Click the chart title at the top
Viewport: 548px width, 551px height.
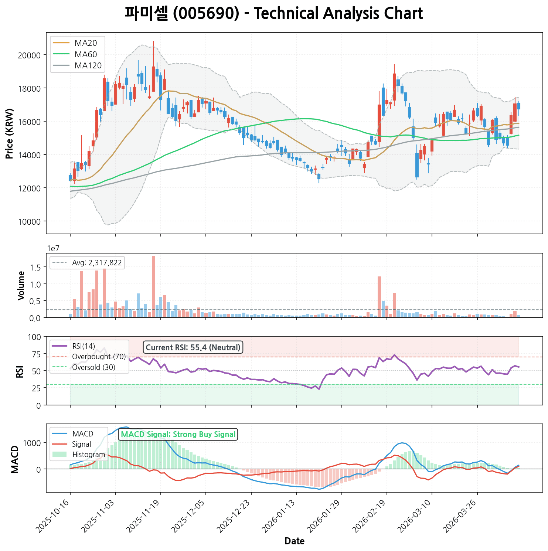[x=274, y=14]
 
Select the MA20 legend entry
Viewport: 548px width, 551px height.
[x=86, y=43]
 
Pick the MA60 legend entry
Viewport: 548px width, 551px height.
[x=86, y=54]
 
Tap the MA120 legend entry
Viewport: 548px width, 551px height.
[x=88, y=66]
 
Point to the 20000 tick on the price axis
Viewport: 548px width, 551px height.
[x=30, y=55]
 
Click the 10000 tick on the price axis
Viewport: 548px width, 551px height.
[x=30, y=221]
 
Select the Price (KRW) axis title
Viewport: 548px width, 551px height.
[x=10, y=133]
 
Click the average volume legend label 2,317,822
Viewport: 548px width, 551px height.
[x=97, y=263]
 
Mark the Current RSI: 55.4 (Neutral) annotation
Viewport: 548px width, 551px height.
[x=193, y=347]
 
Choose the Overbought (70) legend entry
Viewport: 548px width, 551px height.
[x=99, y=357]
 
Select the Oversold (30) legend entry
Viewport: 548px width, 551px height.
[x=93, y=367]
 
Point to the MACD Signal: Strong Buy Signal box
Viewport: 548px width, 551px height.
[x=178, y=434]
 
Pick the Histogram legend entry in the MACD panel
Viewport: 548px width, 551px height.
[x=88, y=455]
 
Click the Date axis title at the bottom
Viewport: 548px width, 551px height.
[x=295, y=541]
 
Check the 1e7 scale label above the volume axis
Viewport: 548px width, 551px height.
[x=53, y=248]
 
